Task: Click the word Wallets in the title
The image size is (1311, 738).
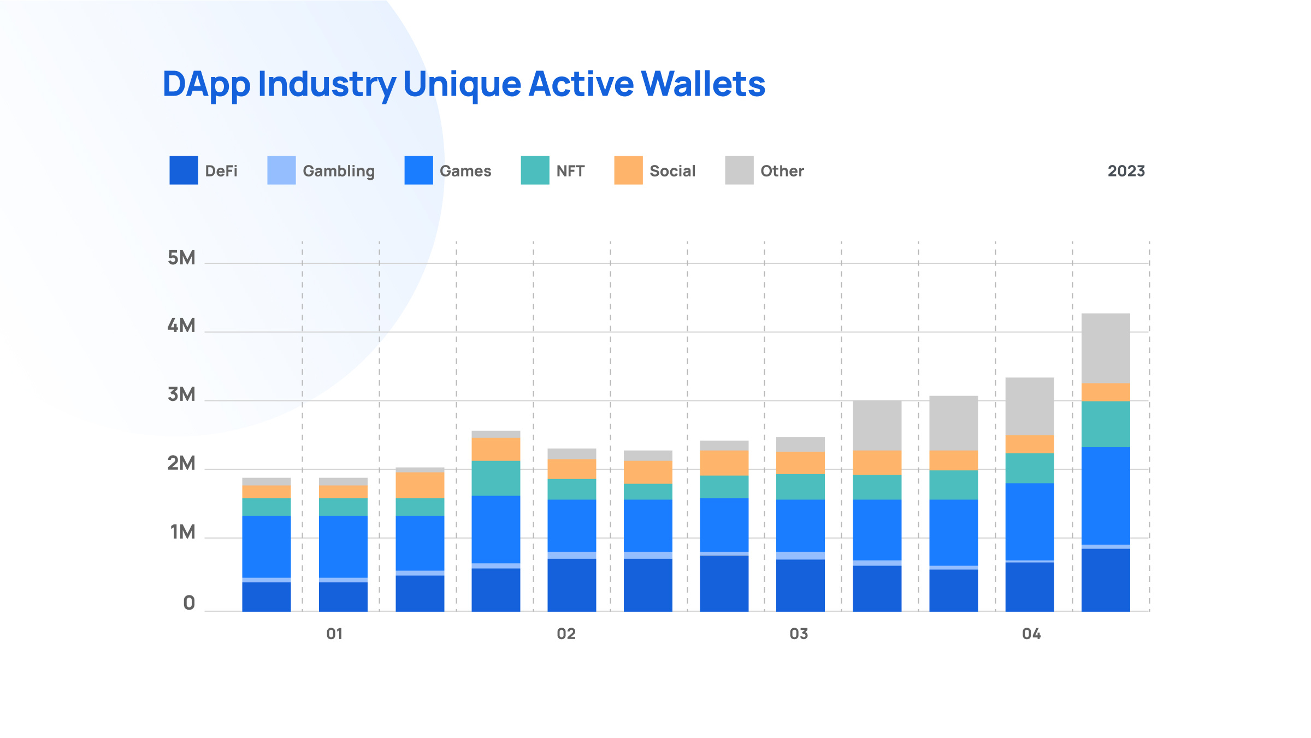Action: click(x=703, y=84)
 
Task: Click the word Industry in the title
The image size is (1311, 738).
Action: click(x=327, y=85)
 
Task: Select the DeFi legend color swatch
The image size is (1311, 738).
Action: click(x=184, y=170)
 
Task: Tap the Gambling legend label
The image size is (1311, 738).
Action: click(x=338, y=171)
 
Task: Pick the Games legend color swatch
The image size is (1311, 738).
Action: click(x=418, y=170)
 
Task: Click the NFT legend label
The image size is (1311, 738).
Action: click(x=570, y=171)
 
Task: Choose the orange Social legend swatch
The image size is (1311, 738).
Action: click(x=628, y=170)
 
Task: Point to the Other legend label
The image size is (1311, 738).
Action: click(x=782, y=171)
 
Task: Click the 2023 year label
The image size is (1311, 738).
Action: click(x=1126, y=171)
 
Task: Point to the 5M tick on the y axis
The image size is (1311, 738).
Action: click(x=181, y=258)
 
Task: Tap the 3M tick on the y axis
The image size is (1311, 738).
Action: click(x=181, y=394)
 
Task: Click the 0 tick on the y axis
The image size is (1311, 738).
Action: click(x=189, y=603)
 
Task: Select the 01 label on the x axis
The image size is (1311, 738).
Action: click(x=334, y=634)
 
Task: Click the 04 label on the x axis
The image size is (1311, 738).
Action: click(x=1031, y=634)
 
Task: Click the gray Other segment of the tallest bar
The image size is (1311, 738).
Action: click(x=1106, y=348)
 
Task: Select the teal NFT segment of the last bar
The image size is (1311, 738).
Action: click(x=1106, y=424)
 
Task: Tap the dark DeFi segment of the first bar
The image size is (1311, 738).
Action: click(x=267, y=597)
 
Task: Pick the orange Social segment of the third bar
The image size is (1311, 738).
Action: click(x=420, y=485)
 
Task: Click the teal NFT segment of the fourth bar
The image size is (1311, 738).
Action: click(x=496, y=478)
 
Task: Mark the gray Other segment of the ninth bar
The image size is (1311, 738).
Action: click(x=877, y=425)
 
